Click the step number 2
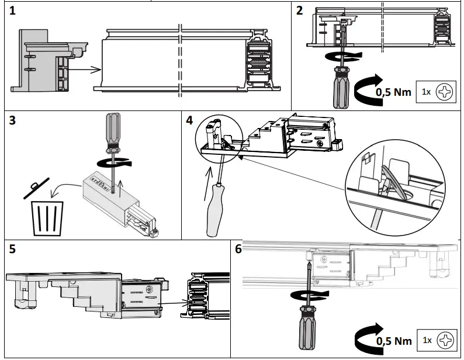(x=300, y=11)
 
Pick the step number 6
(x=238, y=249)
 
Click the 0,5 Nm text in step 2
(x=394, y=92)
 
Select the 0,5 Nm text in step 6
(x=394, y=340)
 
